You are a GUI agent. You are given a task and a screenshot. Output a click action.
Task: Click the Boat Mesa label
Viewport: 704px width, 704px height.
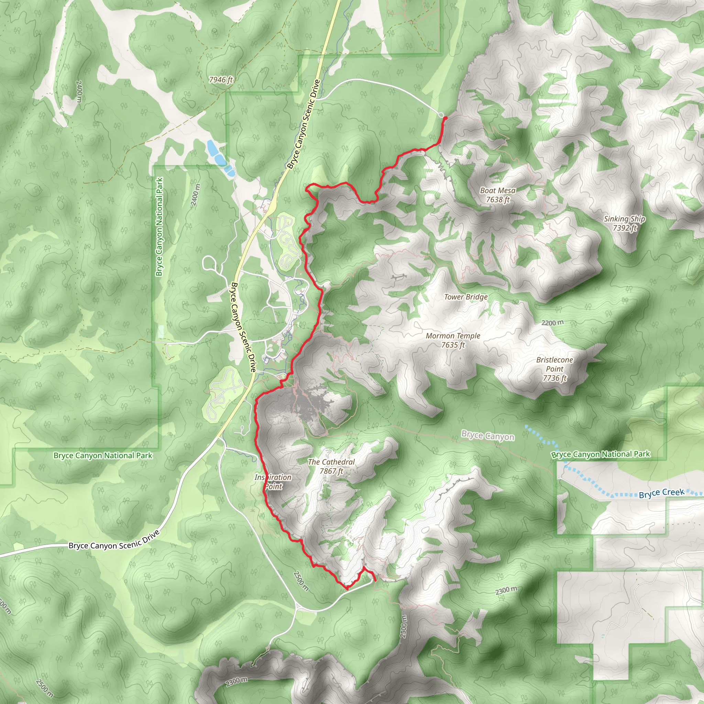click(x=497, y=190)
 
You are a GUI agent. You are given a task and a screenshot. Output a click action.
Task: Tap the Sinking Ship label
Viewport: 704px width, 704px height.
click(x=624, y=219)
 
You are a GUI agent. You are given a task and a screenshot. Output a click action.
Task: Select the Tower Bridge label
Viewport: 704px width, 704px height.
click(x=466, y=297)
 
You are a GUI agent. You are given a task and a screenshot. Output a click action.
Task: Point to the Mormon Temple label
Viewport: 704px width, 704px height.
click(x=453, y=336)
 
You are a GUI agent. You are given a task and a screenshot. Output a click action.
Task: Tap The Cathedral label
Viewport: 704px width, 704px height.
click(x=331, y=462)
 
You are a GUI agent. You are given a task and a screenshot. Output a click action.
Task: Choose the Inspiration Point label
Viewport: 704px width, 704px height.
click(x=273, y=482)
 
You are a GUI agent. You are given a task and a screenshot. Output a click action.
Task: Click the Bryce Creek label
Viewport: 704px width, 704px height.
click(x=661, y=493)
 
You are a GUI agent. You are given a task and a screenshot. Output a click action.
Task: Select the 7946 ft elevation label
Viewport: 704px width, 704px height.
click(x=221, y=80)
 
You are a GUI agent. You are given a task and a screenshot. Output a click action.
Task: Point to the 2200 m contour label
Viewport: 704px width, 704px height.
click(x=552, y=323)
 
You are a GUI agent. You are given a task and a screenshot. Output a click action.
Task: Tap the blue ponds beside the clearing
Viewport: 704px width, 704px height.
click(x=219, y=157)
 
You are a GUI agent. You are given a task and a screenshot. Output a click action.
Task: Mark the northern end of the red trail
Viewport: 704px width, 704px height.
click(x=445, y=118)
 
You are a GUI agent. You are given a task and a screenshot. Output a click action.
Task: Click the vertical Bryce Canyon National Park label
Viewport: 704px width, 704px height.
click(x=159, y=227)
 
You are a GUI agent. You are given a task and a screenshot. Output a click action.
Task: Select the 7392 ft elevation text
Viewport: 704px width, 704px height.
click(x=625, y=228)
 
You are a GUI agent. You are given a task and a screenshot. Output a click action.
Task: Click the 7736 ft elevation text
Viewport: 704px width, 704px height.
click(x=554, y=378)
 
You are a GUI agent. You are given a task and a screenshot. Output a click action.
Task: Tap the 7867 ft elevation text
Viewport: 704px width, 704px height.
click(x=331, y=471)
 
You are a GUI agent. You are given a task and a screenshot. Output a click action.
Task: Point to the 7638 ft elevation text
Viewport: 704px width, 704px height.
click(x=497, y=200)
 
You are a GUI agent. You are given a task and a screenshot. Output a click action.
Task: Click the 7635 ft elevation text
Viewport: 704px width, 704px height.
click(x=453, y=345)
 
